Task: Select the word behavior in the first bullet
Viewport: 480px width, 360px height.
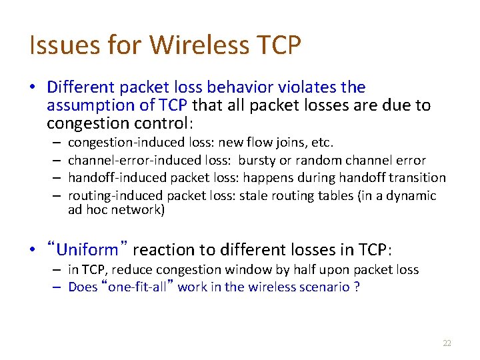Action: (x=234, y=87)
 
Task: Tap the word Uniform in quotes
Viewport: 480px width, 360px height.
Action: (x=87, y=250)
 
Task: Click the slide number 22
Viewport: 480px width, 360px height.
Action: (x=447, y=343)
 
